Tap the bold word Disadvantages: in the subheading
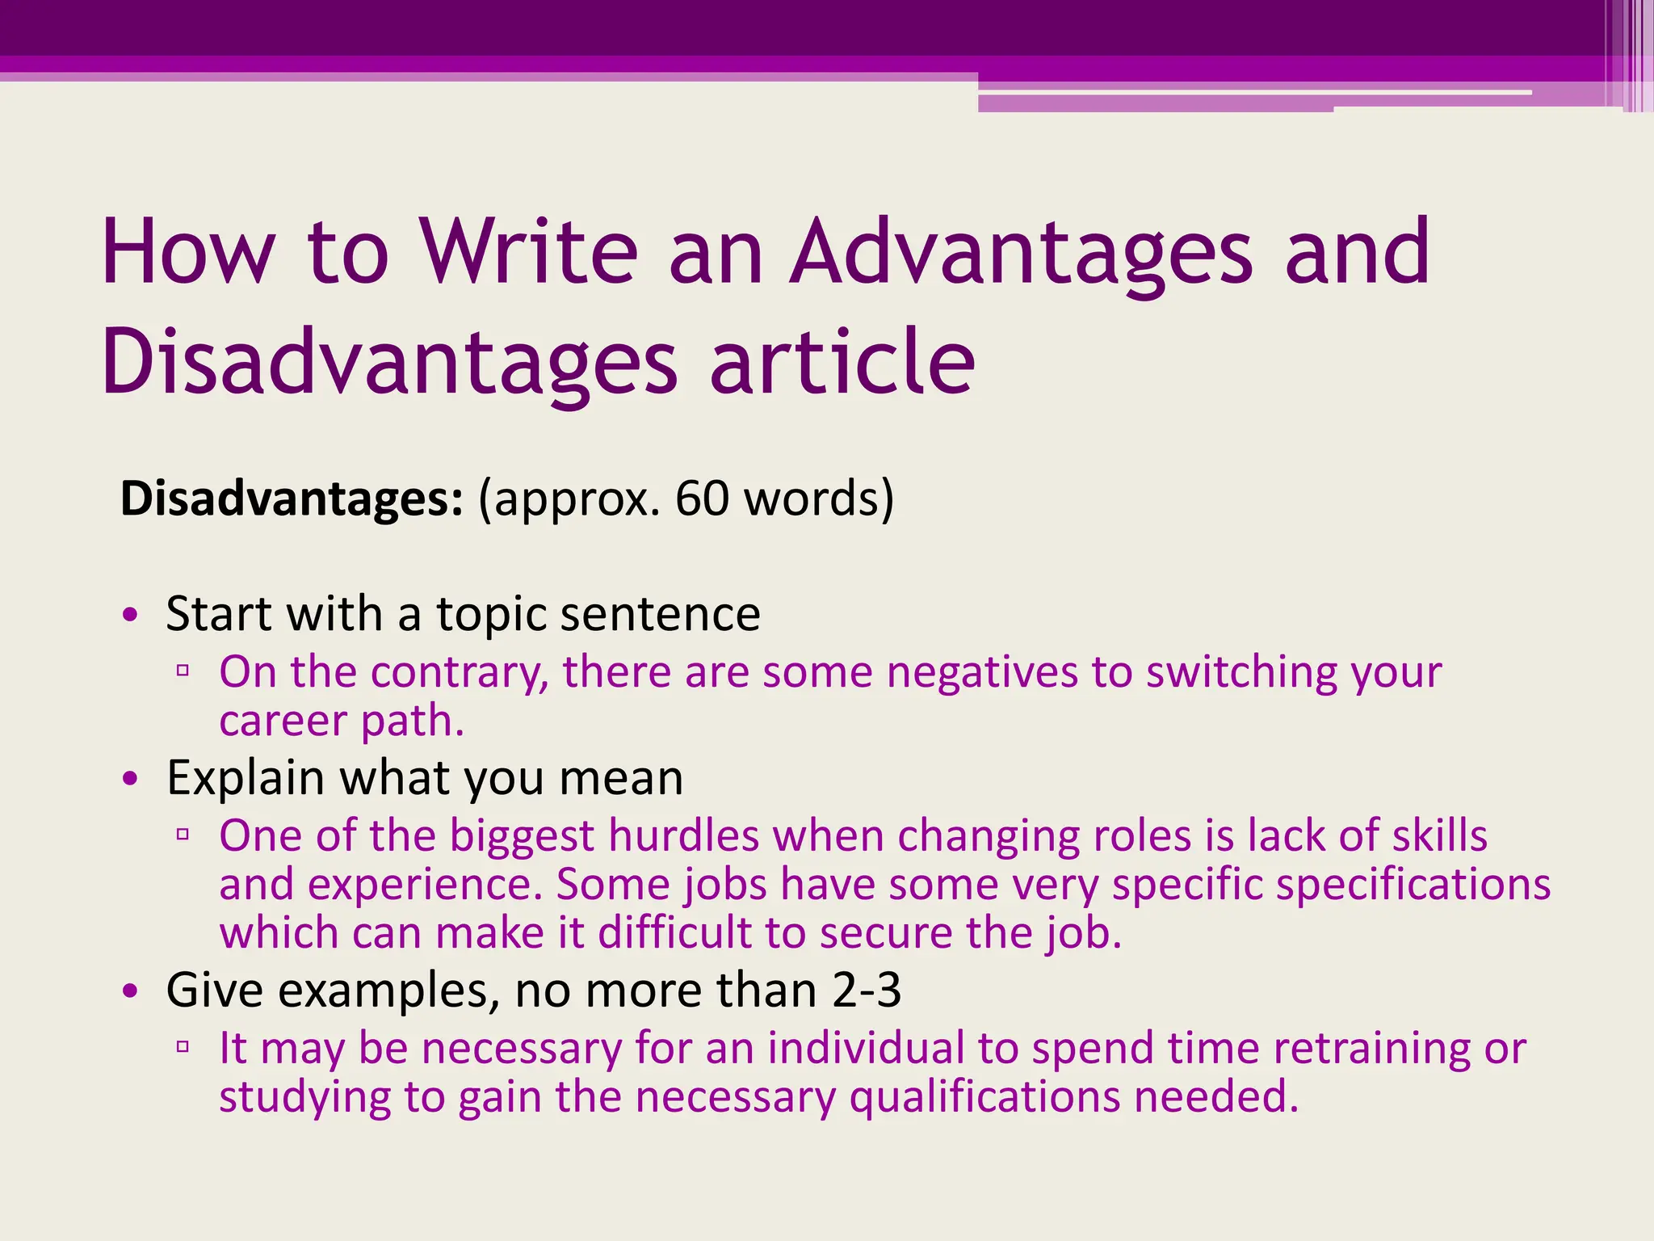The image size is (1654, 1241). click(x=292, y=499)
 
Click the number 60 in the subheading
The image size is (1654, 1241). click(x=702, y=499)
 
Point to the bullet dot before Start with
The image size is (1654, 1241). click(x=131, y=616)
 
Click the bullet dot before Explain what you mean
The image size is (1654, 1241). click(x=131, y=780)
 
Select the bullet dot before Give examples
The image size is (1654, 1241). click(x=131, y=991)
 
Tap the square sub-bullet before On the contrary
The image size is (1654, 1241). click(x=183, y=670)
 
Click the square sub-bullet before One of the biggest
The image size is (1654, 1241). click(x=183, y=834)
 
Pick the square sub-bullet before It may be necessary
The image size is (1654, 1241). click(x=183, y=1046)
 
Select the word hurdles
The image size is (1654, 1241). click(x=683, y=835)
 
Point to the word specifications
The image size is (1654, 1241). click(x=1412, y=885)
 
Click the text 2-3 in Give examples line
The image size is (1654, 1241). click(x=866, y=990)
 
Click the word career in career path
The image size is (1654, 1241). click(x=283, y=721)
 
